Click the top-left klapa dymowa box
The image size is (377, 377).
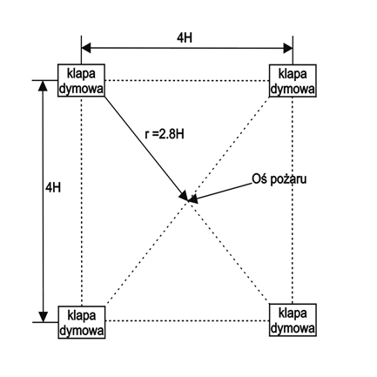pyautogui.click(x=81, y=80)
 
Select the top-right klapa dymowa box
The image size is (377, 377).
pyautogui.click(x=293, y=81)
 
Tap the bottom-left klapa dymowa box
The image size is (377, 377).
pyautogui.click(x=82, y=322)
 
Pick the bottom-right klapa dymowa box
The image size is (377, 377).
pyautogui.click(x=293, y=320)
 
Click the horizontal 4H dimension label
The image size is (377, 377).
pyautogui.click(x=185, y=37)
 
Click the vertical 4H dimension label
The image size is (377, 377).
pyautogui.click(x=53, y=188)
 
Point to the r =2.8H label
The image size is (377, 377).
pyautogui.click(x=165, y=134)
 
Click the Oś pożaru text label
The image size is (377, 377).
pyautogui.click(x=279, y=179)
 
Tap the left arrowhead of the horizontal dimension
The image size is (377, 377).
pyautogui.click(x=86, y=48)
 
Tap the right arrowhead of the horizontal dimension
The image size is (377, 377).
pyautogui.click(x=288, y=48)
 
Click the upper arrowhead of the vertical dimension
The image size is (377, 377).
pyautogui.click(x=43, y=85)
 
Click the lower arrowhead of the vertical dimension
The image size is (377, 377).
pyautogui.click(x=43, y=317)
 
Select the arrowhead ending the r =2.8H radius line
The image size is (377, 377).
pyautogui.click(x=184, y=196)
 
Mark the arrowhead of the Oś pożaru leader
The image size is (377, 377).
pyautogui.click(x=193, y=199)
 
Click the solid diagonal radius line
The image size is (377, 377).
pyautogui.click(x=146, y=149)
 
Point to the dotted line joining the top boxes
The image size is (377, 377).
pyautogui.click(x=187, y=80)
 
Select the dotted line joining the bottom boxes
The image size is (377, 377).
pyautogui.click(x=187, y=320)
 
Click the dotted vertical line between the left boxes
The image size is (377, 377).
pyautogui.click(x=82, y=201)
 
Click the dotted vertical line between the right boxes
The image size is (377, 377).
pyautogui.click(x=293, y=200)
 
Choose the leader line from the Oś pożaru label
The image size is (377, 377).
pyautogui.click(x=223, y=192)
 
